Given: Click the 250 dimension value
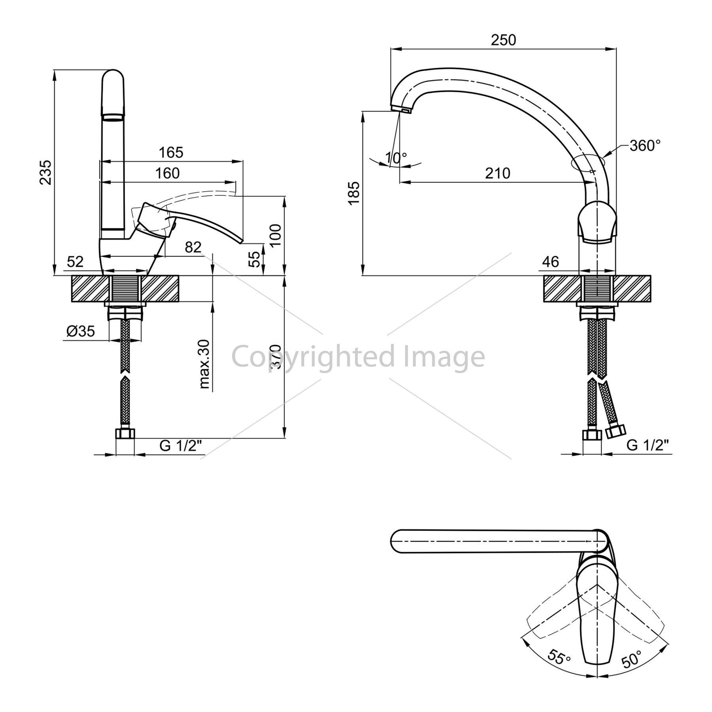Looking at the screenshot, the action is pos(504,40).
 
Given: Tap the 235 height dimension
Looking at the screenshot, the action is pos(46,172).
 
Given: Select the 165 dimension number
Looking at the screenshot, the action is pos(171,152).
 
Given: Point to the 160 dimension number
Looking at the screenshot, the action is pos(167,173).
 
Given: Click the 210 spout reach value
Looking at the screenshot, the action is pos(498,173).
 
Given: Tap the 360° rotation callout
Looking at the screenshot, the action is pos(645,146).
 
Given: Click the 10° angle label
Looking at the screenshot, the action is pos(396,158).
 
